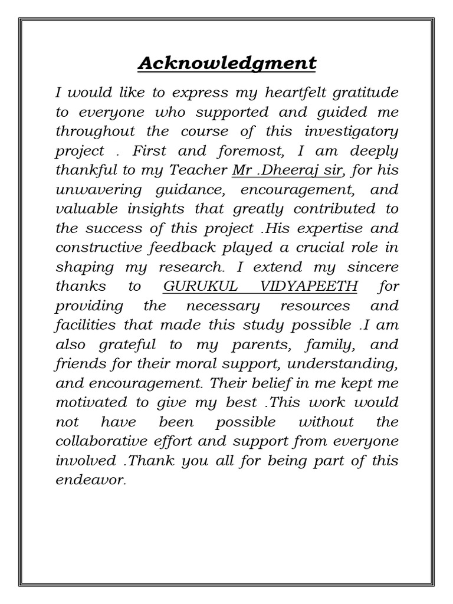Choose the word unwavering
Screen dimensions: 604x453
(x=92, y=190)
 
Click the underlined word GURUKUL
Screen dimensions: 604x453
(x=192, y=286)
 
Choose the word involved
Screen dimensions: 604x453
(x=81, y=460)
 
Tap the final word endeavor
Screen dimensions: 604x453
(x=91, y=480)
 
